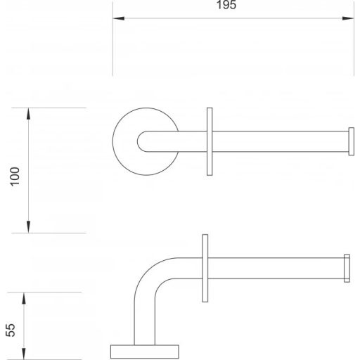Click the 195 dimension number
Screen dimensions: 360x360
[x=226, y=5]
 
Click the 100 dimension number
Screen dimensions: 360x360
[x=15, y=176]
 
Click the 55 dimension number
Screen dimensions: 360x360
[x=11, y=330]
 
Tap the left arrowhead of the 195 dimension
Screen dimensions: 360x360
[x=119, y=18]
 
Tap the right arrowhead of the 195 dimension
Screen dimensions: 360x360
[x=348, y=18]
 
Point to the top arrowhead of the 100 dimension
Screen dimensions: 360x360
[x=28, y=114]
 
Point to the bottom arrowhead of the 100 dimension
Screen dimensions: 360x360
[x=28, y=227]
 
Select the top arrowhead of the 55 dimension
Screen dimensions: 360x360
[x=24, y=298]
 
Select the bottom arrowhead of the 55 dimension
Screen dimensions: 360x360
[x=24, y=354]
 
